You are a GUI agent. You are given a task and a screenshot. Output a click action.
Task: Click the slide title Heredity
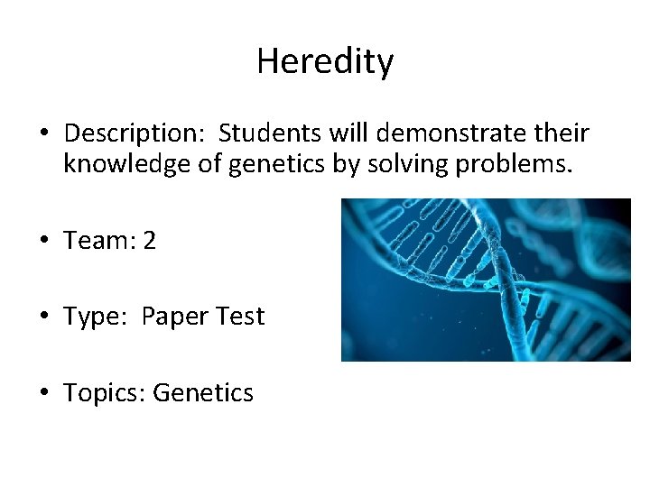[325, 62]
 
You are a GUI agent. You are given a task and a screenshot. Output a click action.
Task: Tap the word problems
[494, 165]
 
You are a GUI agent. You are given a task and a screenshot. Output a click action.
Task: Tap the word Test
[238, 317]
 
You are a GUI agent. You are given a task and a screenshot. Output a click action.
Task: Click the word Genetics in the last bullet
[203, 392]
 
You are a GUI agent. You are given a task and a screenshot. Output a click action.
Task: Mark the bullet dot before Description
[43, 135]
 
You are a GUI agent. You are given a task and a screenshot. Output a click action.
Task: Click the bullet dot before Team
[43, 242]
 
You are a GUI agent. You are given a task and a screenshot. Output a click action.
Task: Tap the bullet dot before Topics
[43, 393]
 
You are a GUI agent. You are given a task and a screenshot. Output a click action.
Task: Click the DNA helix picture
[485, 280]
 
